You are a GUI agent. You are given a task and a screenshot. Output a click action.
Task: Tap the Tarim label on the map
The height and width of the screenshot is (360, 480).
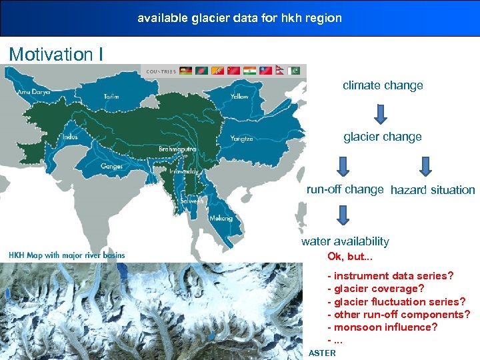pyautogui.click(x=111, y=97)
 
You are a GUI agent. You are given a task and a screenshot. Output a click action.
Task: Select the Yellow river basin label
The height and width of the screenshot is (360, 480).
pyautogui.click(x=239, y=97)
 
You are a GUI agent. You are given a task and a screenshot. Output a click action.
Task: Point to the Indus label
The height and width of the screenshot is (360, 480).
pyautogui.click(x=69, y=137)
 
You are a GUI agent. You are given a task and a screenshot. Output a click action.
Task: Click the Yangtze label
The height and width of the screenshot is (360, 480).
pyautogui.click(x=241, y=139)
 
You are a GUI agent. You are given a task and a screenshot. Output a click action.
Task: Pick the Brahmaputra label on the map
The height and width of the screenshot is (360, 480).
pyautogui.click(x=177, y=149)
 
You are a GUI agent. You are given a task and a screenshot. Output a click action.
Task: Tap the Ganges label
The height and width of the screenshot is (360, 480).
pyautogui.click(x=111, y=166)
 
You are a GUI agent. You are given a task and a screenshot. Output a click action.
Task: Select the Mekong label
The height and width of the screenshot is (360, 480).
pyautogui.click(x=221, y=218)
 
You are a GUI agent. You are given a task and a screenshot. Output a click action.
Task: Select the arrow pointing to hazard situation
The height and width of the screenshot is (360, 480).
pyautogui.click(x=426, y=167)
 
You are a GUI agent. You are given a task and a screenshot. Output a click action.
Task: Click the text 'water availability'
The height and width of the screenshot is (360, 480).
pyautogui.click(x=345, y=241)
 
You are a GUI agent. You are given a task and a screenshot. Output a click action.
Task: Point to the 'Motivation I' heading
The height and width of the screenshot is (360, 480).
pyautogui.click(x=56, y=53)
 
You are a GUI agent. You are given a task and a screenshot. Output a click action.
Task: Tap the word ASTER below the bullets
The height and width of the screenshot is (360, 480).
pyautogui.click(x=322, y=353)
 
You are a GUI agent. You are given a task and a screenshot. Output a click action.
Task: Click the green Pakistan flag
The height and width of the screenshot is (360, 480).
pyautogui.click(x=295, y=71)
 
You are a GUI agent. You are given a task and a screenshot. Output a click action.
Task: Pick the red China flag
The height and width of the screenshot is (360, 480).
pyautogui.click(x=233, y=71)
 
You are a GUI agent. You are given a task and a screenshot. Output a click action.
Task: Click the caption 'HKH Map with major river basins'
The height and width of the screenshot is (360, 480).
pyautogui.click(x=67, y=255)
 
